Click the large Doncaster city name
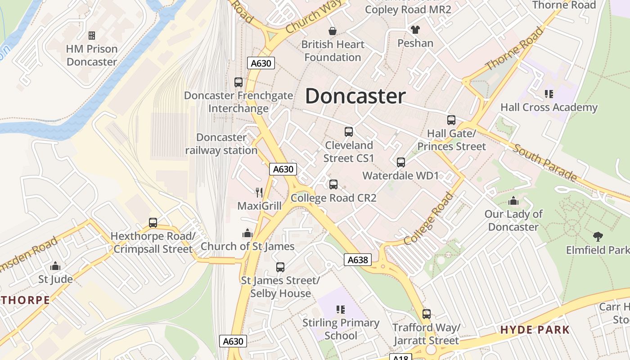pos(355,96)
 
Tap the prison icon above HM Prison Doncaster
pos(92,35)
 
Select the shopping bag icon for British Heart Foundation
pos(333,31)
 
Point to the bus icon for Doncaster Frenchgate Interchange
pos(238,82)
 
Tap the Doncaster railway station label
pos(221,144)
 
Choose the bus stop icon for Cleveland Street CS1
pos(349,132)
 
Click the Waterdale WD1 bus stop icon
pos(401,162)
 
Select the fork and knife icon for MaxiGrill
pos(259,193)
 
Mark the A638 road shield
pos(358,259)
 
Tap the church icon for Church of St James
pos(247,233)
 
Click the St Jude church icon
pos(55,266)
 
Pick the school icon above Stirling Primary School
pos(341,309)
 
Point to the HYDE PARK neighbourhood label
pos(535,330)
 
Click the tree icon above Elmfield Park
pos(598,236)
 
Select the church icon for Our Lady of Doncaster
pos(513,201)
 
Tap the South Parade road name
pos(544,162)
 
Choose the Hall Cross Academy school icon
pos(549,94)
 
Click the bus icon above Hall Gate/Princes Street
pos(451,120)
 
